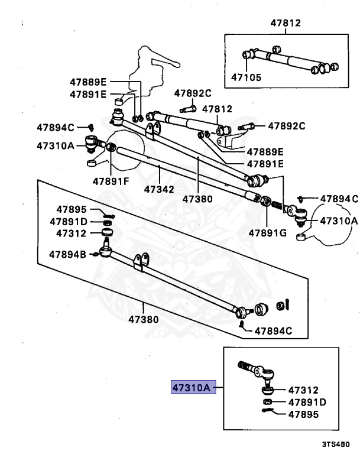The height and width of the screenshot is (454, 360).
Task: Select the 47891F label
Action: (110, 181)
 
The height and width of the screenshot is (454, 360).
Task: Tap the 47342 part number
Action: (160, 190)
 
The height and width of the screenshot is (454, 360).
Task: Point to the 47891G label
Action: (267, 232)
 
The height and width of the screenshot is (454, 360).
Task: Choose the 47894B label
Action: (67, 255)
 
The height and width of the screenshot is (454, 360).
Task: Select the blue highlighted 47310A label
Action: (192, 388)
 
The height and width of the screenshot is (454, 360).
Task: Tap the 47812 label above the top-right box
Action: (286, 24)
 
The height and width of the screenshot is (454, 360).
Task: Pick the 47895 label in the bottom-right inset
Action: (303, 414)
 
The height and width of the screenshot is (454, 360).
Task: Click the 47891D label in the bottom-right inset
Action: (306, 402)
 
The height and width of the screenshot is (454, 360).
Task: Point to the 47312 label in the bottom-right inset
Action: (303, 390)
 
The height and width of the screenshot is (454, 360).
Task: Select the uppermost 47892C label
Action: (192, 93)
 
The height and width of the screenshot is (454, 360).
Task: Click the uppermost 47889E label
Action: (87, 82)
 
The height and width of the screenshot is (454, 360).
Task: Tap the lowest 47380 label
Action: (144, 320)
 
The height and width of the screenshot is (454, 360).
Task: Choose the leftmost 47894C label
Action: (55, 127)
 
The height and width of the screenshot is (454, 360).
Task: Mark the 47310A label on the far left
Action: (55, 144)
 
